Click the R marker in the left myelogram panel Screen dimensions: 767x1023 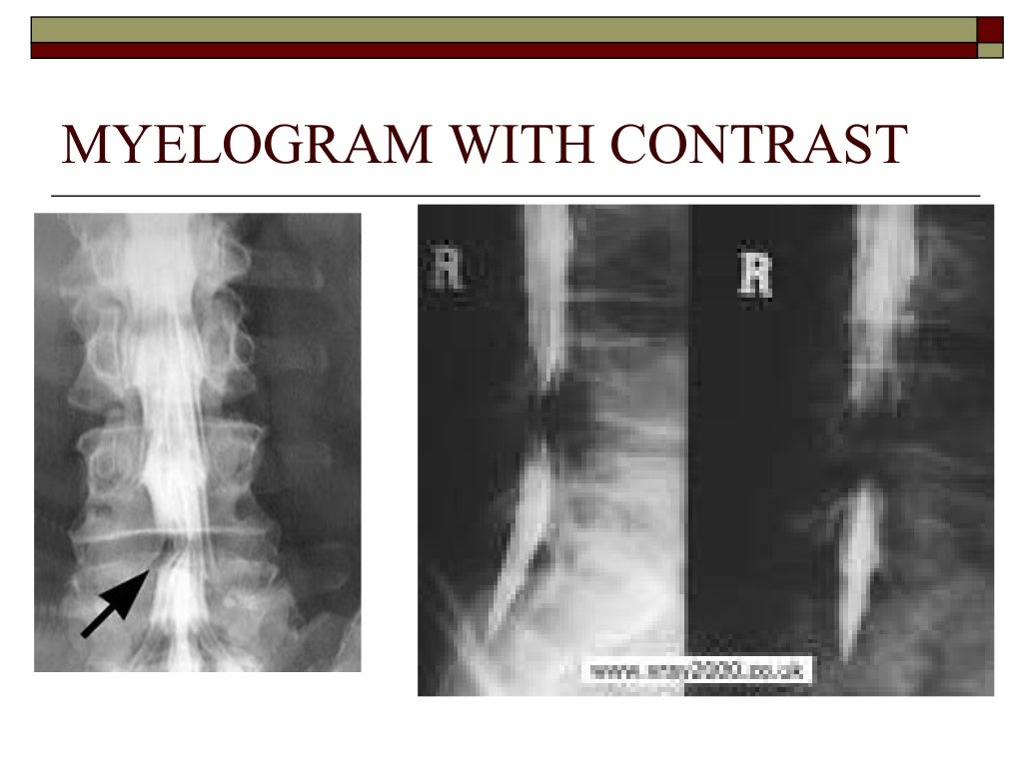point(446,269)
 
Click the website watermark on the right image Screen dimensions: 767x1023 point(698,670)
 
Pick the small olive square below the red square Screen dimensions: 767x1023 point(989,50)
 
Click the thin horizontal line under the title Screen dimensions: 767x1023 point(514,194)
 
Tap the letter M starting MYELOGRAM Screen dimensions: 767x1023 point(84,145)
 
